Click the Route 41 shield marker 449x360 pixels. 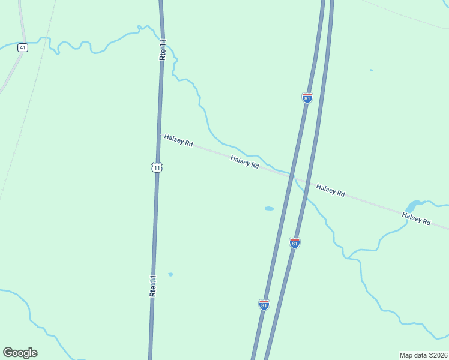[22, 47]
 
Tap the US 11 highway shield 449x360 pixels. [157, 167]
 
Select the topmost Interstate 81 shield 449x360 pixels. [307, 97]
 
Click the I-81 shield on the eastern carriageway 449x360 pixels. [294, 242]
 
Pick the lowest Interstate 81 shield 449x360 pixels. [264, 304]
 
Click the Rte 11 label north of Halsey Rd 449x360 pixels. [162, 49]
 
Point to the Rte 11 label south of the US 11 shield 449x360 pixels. [153, 286]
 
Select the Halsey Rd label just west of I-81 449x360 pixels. [244, 161]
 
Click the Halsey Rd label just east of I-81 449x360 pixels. [331, 190]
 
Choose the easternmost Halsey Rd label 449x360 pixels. [417, 218]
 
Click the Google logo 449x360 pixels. [20, 353]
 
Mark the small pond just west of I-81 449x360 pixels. [269, 209]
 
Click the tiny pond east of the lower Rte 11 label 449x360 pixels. [170, 274]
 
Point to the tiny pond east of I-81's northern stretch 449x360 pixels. [371, 70]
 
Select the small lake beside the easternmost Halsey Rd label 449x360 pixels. [412, 206]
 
